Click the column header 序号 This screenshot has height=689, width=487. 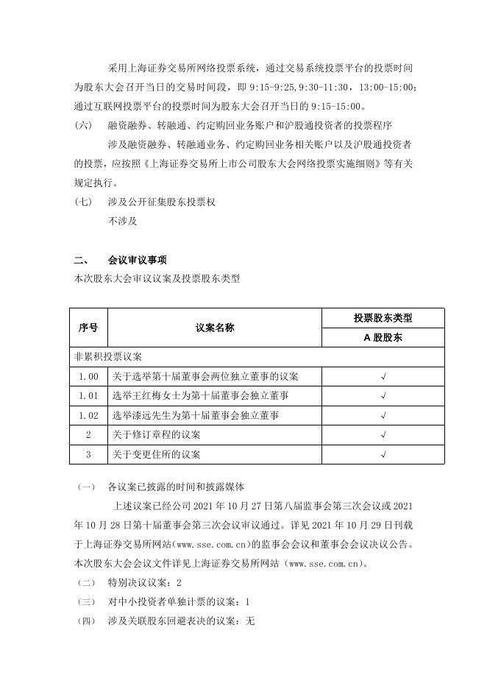point(88,328)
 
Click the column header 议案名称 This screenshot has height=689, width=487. point(214,328)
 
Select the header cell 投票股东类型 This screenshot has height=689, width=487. point(383,318)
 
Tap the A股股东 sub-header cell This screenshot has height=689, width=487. point(383,338)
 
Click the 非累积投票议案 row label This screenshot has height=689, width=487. point(108,357)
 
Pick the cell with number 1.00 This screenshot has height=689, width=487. point(88,377)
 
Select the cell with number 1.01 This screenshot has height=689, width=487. point(88,396)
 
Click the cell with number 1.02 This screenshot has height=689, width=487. point(88,416)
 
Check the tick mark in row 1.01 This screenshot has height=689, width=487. point(383,396)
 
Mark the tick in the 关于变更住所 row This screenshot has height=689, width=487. point(383,455)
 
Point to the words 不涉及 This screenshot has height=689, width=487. point(122,220)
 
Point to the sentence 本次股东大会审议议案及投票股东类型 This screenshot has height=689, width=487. point(157,279)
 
